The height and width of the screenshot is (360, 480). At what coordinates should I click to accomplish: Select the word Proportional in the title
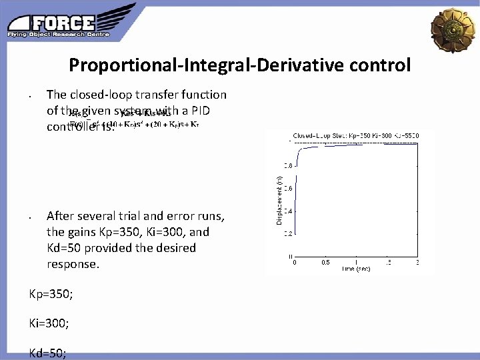(118, 65)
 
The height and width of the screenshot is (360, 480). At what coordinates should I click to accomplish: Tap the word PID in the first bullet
(215, 110)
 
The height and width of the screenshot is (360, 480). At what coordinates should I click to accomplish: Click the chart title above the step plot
(354, 135)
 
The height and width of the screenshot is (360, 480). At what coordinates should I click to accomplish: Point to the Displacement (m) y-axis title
(279, 199)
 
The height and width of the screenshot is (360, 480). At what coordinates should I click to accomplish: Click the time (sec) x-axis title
(356, 269)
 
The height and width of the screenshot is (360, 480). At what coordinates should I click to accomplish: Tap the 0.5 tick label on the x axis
(325, 262)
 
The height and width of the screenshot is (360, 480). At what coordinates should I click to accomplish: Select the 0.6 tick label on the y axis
(287, 188)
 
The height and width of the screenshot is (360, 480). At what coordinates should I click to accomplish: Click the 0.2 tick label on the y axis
(287, 233)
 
